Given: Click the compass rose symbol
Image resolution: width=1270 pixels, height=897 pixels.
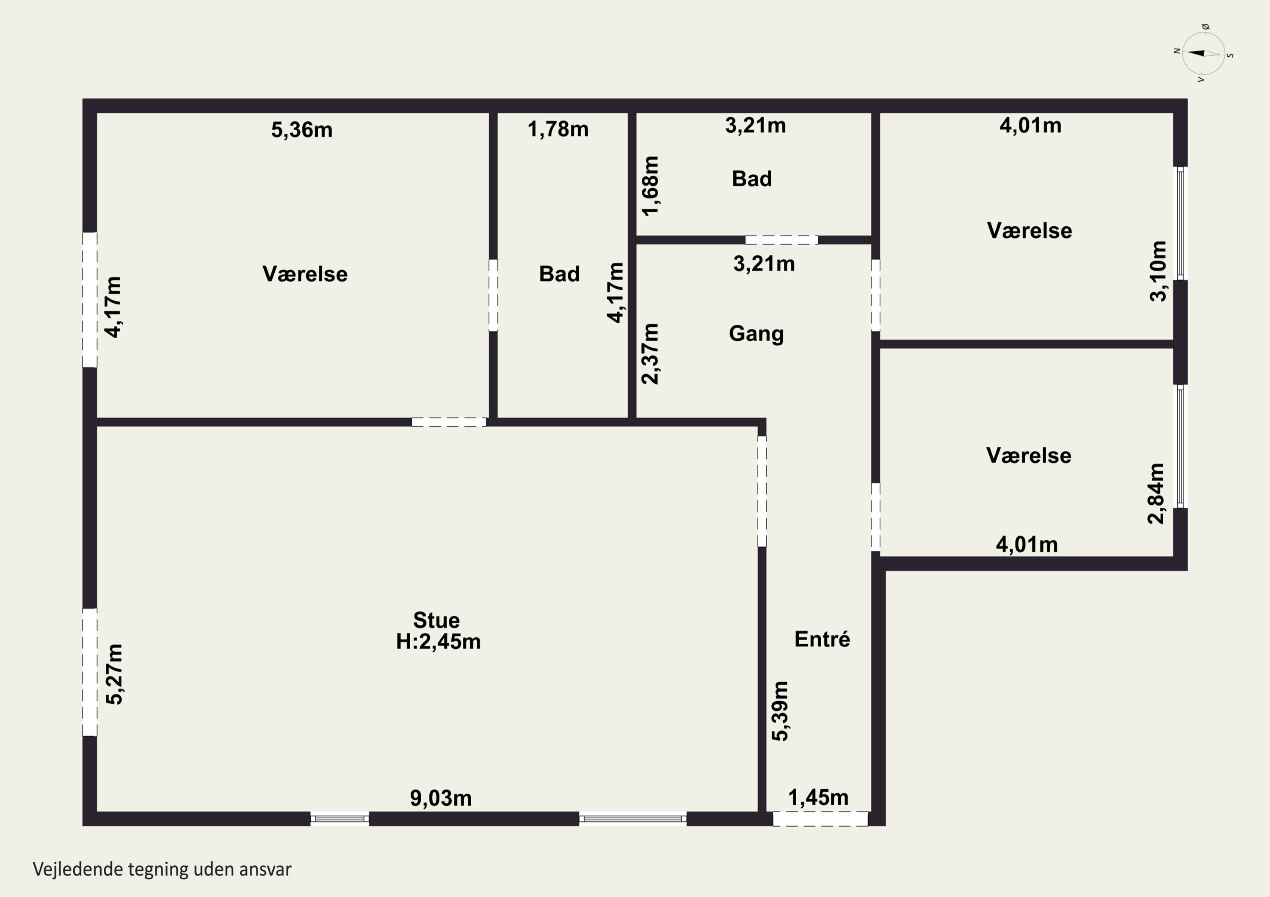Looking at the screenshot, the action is tap(1204, 53).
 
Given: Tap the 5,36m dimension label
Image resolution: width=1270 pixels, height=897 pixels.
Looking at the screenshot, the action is tap(302, 130).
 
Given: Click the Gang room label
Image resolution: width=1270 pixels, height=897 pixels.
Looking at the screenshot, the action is tap(756, 334).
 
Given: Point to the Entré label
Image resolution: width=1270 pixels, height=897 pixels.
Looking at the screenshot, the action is tap(823, 639).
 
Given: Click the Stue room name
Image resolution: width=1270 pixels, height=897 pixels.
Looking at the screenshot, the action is tap(436, 620).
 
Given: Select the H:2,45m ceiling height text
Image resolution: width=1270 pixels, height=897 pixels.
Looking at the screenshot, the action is tap(438, 641).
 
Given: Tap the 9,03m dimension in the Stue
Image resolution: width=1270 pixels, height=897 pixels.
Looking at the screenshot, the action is tap(441, 798).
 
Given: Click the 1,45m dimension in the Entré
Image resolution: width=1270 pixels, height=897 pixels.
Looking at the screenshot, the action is tap(818, 798).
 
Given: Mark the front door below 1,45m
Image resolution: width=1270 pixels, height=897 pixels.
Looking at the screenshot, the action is tap(820, 818).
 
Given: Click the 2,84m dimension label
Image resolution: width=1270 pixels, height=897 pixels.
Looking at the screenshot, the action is tap(1156, 494).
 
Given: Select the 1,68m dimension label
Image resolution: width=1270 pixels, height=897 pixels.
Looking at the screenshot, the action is tap(651, 186).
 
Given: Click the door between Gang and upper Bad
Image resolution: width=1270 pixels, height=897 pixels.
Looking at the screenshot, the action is tap(781, 240).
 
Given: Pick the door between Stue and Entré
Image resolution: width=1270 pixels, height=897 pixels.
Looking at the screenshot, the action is tap(762, 491).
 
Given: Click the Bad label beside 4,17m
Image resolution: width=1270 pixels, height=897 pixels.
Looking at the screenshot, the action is tap(559, 274).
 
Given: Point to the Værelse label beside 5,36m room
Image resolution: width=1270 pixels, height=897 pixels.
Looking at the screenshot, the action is tap(305, 274).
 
